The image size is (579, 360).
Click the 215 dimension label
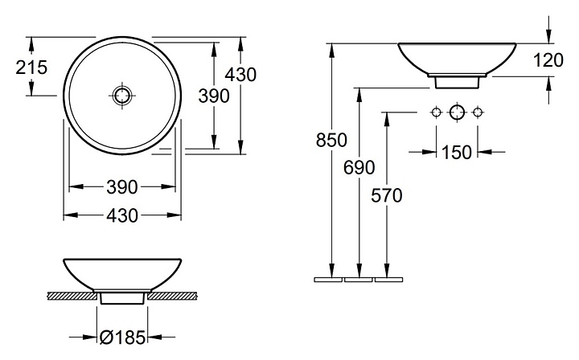click(31, 67)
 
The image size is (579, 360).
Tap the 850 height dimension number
click(331, 140)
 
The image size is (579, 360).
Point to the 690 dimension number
click(359, 167)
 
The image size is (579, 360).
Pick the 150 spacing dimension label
click(457, 150)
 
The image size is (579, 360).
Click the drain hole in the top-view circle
click(121, 95)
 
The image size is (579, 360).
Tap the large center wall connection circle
click(457, 111)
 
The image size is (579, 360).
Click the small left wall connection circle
click(437, 111)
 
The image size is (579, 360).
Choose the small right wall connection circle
click(478, 111)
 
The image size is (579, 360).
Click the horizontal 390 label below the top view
click(122, 186)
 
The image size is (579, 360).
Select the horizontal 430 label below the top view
click(122, 215)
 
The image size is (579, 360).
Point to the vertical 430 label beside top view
click(240, 75)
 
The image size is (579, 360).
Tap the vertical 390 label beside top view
click(214, 95)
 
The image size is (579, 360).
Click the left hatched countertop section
click(72, 297)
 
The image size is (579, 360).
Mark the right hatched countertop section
click(171, 297)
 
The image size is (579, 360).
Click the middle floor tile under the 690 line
click(359, 280)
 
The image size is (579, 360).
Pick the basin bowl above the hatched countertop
click(121, 273)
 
